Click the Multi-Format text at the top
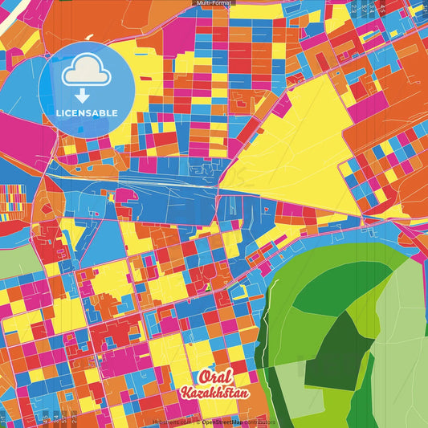click(x=214, y=3)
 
